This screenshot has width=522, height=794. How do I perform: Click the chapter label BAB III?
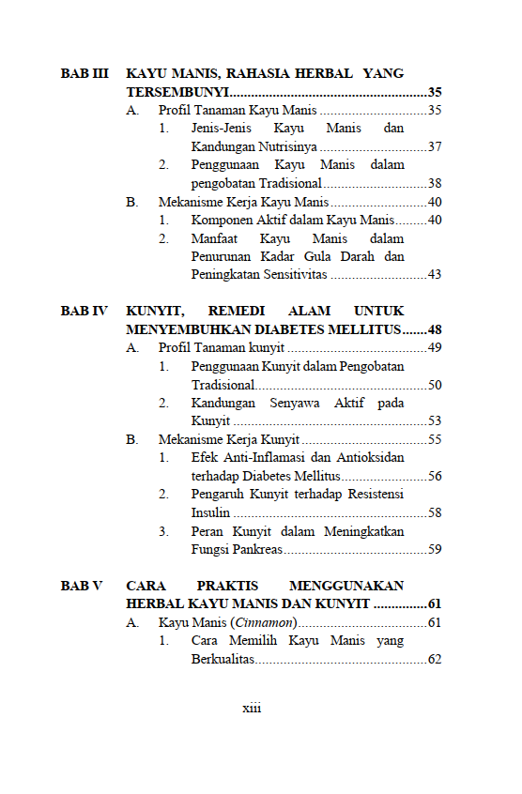84,73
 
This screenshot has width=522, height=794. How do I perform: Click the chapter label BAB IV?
84,311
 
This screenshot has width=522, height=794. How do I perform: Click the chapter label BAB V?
82,586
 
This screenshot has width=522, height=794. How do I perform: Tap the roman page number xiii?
252,709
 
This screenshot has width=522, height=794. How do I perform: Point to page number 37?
434,147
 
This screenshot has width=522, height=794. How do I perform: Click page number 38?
434,184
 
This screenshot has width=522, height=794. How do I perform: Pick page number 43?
434,275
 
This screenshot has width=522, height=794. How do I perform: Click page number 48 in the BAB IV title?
434,329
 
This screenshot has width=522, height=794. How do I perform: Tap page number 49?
434,348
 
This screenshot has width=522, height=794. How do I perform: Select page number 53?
434,421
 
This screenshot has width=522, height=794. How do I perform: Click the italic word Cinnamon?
269,623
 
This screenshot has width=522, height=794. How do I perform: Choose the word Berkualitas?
223,660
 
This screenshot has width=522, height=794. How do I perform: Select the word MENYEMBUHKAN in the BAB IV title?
190,329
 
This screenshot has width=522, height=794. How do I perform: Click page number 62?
434,660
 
